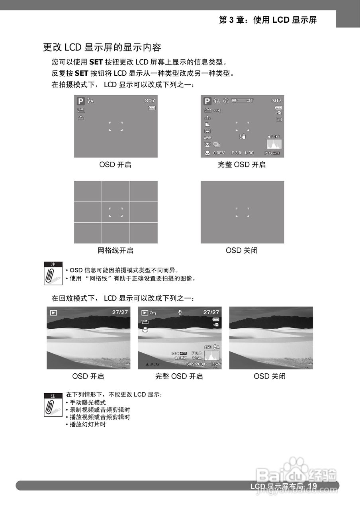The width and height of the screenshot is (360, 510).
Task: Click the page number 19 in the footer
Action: click(312, 486)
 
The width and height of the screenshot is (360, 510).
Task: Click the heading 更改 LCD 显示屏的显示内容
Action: click(102, 47)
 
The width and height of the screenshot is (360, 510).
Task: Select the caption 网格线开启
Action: click(115, 251)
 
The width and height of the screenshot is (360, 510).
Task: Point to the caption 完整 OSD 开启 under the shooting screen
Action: click(242, 165)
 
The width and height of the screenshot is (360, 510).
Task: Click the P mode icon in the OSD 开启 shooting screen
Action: click(80, 101)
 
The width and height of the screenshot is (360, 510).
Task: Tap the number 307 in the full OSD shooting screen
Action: click(276, 101)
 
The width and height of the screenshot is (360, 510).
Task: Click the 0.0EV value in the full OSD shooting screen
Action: click(219, 153)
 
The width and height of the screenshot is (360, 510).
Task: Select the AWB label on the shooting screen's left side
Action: click(207, 138)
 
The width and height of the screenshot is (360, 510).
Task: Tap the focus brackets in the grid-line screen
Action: click(115, 212)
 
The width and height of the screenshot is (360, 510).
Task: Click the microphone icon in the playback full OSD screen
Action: click(180, 312)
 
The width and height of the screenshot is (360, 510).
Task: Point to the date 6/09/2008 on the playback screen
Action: click(196, 364)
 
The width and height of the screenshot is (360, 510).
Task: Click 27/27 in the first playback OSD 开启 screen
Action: click(120, 312)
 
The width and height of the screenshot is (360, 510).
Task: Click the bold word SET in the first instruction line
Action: click(96, 62)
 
